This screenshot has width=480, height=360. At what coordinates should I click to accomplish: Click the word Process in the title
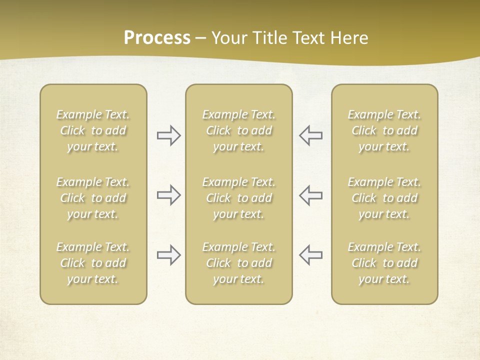point(157,38)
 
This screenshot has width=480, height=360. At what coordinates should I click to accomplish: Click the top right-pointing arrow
point(168,135)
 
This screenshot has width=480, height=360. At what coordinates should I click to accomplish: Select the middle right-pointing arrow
point(168,195)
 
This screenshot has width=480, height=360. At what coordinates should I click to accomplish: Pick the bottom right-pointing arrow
point(168,255)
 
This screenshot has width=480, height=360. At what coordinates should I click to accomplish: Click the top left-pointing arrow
point(310,135)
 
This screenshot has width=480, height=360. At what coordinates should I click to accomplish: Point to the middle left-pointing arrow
point(310,195)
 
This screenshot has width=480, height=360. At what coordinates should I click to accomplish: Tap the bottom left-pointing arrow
point(310,255)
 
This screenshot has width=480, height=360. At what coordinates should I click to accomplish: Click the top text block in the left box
point(93,130)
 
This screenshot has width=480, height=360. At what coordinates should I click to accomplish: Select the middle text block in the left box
point(93,198)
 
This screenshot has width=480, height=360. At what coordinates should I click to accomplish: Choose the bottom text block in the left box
point(93,263)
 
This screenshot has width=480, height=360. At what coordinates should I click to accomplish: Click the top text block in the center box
point(238,130)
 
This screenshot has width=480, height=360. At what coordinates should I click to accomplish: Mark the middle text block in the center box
point(238,198)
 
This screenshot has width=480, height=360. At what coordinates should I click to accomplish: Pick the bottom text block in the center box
point(238,263)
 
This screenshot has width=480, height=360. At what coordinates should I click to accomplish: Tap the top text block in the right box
point(384,130)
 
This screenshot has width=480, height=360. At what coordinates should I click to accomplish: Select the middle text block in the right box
point(384,198)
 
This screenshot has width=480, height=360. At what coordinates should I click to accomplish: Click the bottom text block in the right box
point(384,263)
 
